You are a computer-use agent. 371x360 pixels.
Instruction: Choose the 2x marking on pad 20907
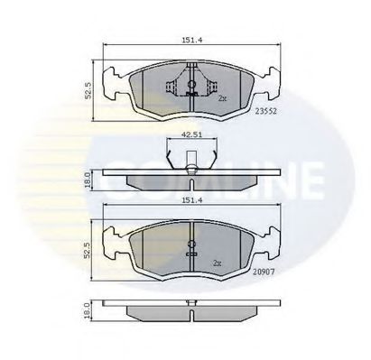216,263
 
